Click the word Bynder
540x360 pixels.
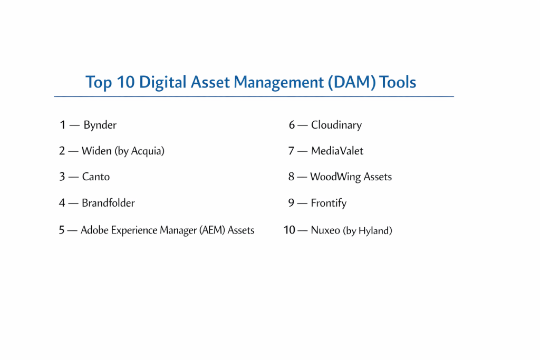[x=100, y=125]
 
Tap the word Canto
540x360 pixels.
[x=96, y=177]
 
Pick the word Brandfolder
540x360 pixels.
[x=108, y=203]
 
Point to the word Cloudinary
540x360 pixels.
[x=336, y=125]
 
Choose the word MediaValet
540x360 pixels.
[x=337, y=151]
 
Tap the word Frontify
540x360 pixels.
[x=329, y=203]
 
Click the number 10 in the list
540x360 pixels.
[x=290, y=230]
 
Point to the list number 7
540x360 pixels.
[x=291, y=151]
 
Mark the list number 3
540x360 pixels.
[x=62, y=177]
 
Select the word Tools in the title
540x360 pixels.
[x=398, y=82]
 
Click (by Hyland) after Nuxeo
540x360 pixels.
[x=368, y=230]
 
